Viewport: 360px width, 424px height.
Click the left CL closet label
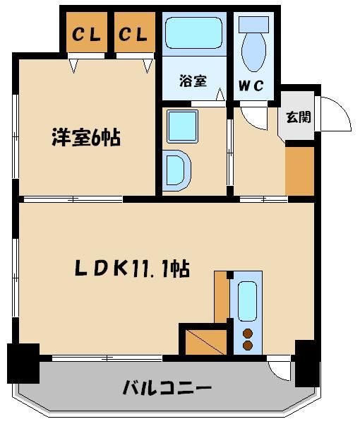pyautogui.click(x=85, y=33)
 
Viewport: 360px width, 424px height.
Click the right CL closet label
pyautogui.click(x=133, y=33)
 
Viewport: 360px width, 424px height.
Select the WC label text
pyautogui.click(x=250, y=87)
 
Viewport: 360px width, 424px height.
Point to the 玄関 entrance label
pyautogui.click(x=297, y=117)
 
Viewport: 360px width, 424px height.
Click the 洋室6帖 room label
pyautogui.click(x=85, y=137)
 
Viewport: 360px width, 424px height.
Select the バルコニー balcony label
pyautogui.click(x=167, y=387)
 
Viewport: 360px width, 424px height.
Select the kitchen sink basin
pyautogui.click(x=247, y=301)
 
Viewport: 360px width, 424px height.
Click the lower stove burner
pyautogui.click(x=248, y=346)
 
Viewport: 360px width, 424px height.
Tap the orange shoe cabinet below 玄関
pyautogui.click(x=299, y=170)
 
